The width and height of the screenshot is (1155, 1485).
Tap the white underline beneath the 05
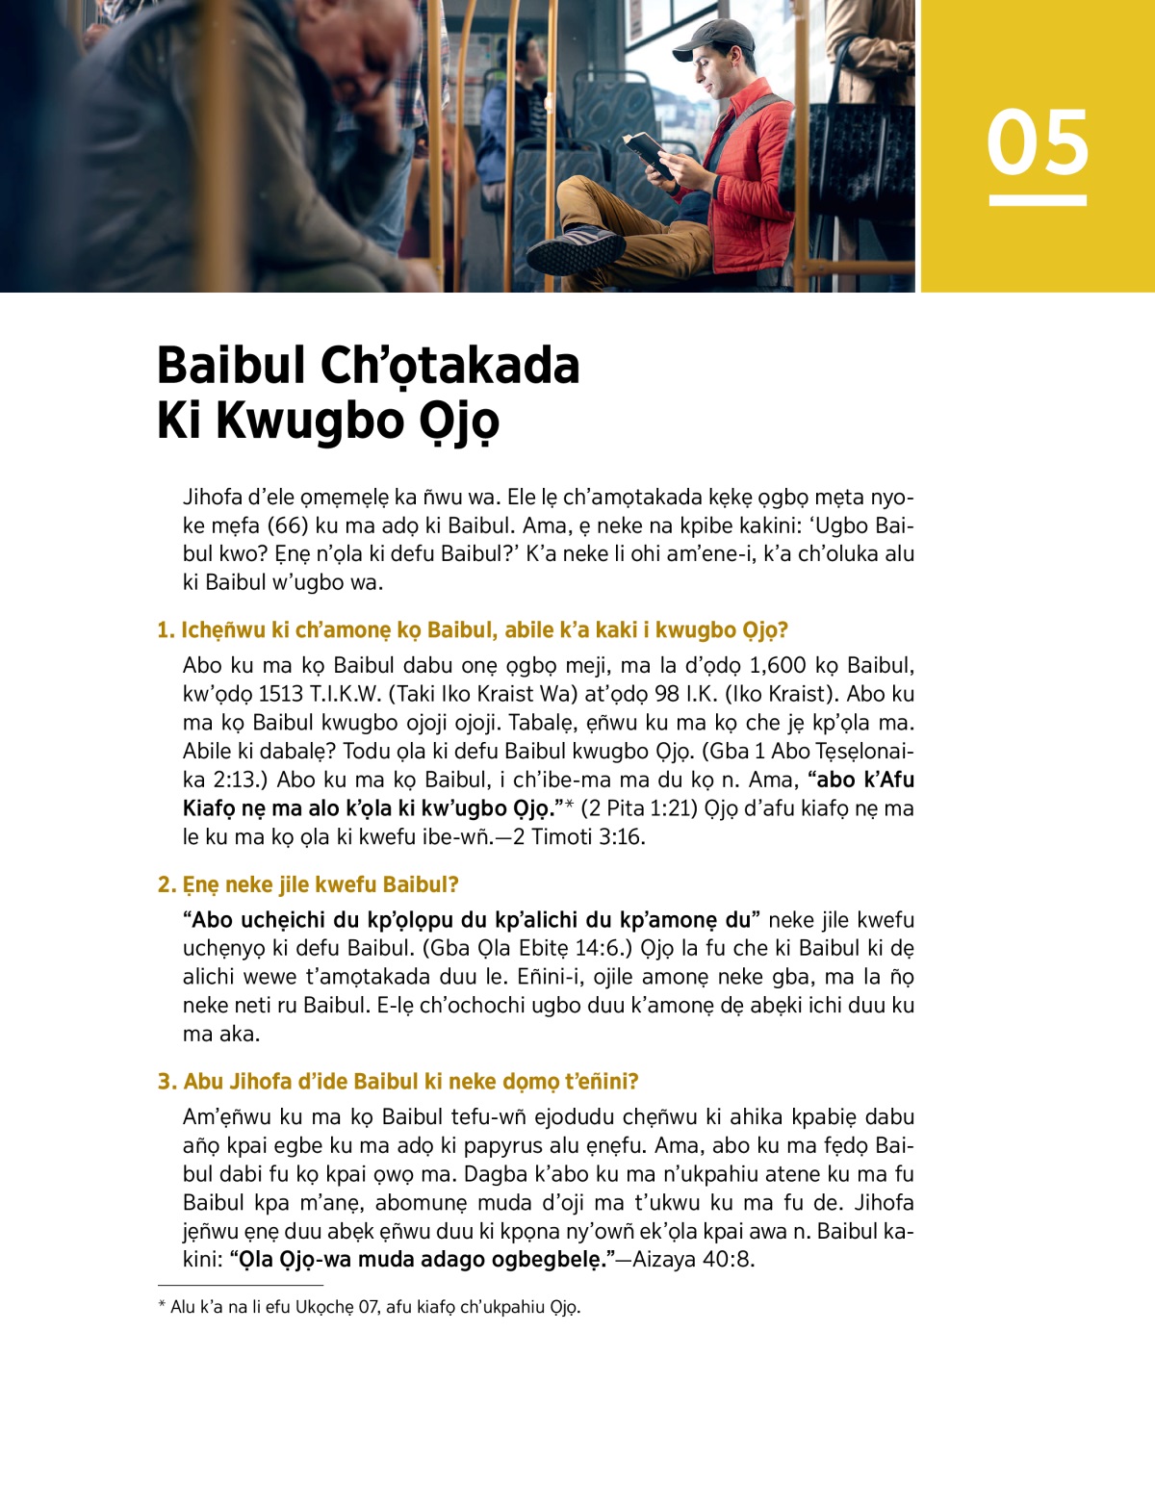pos(1038,200)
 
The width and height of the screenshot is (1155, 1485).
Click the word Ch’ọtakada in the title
pos(449,366)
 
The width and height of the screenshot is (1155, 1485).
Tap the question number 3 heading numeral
pos(166,1082)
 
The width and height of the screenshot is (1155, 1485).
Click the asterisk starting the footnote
pos(162,1306)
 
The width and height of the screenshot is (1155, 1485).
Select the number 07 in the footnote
pos(367,1307)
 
